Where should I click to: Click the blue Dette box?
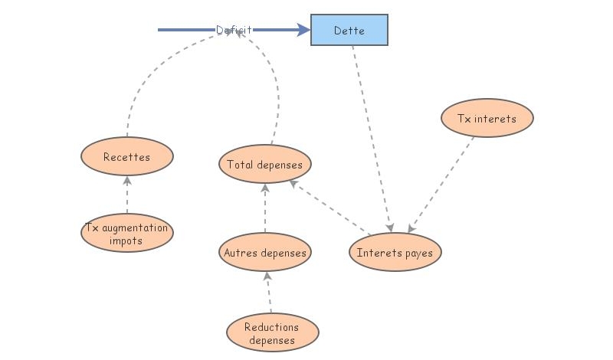[349, 31]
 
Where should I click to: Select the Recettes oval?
[127, 158]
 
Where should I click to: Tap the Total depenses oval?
[265, 164]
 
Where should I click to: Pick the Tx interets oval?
[487, 119]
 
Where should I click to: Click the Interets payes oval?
[395, 253]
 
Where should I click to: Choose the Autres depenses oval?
[265, 253]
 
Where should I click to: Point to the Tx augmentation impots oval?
[127, 234]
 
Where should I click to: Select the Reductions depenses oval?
[272, 333]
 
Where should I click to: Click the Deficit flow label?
[234, 30]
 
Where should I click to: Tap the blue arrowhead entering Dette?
[303, 30]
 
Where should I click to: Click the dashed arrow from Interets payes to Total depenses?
[329, 208]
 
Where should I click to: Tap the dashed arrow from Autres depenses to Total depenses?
[265, 208]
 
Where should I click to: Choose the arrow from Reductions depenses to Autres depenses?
[269, 293]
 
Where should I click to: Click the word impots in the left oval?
[126, 240]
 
